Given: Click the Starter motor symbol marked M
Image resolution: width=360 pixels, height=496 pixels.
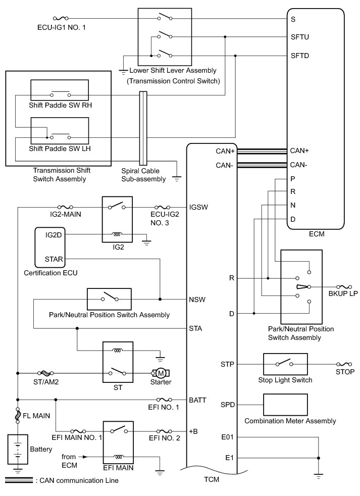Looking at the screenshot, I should coord(162,373).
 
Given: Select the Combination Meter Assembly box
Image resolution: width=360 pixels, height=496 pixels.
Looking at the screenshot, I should coord(286,405).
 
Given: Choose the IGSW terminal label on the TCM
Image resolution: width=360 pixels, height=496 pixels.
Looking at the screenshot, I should coord(198,207).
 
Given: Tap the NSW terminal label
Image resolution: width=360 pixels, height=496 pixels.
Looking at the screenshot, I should coord(197,299).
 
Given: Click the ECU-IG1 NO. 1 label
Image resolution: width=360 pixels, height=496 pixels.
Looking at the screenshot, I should coord(62,27).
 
